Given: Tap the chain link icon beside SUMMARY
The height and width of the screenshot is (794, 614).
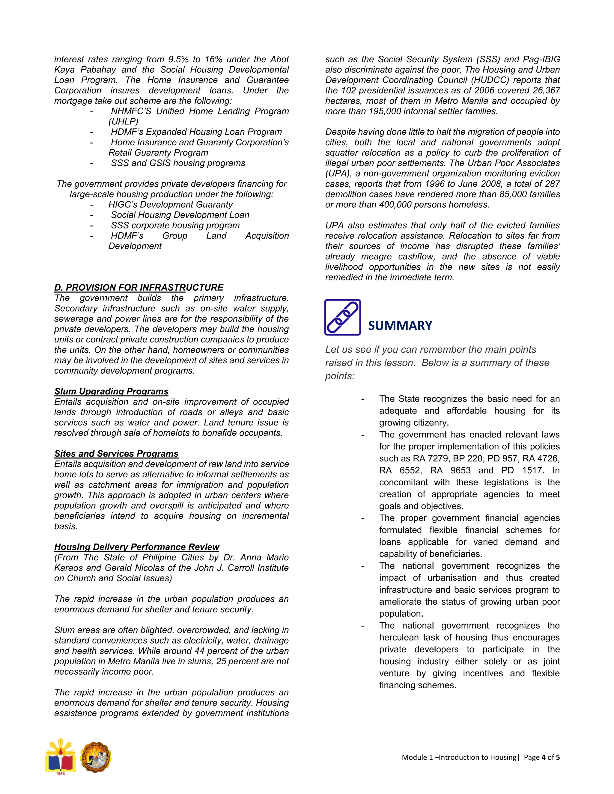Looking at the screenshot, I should tap(342, 317).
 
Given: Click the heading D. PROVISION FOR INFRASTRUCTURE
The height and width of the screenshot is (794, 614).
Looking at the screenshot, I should tap(139, 288).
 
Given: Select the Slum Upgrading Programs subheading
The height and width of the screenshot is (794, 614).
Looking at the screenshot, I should tap(111, 391).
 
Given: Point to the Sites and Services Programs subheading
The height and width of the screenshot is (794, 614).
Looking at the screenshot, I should tap(116, 453).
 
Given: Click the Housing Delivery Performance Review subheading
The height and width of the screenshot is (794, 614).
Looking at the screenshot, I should tap(137, 547).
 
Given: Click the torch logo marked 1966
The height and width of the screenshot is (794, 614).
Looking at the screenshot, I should tap(60, 757).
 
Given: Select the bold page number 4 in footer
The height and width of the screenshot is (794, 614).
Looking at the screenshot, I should tap(544, 757).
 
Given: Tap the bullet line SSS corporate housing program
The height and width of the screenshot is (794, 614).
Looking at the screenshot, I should tap(175, 225).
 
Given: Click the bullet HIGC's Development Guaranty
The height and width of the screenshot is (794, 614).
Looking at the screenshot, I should tap(170, 205).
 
